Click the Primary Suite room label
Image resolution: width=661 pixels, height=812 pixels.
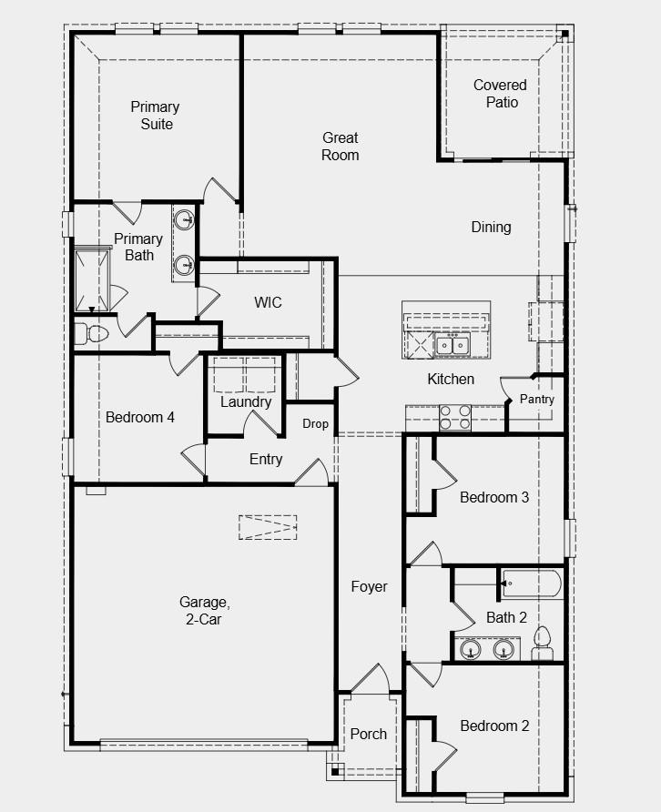(155, 116)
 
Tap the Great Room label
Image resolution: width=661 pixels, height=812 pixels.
(341, 146)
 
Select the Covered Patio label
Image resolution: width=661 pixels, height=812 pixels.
(501, 93)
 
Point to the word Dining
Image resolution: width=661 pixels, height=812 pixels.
(491, 227)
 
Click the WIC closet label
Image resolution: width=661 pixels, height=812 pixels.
(268, 302)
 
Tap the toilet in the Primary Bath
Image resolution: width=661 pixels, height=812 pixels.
(91, 334)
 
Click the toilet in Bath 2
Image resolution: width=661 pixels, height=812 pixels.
(542, 644)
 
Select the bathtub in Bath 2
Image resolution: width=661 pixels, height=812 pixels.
(532, 584)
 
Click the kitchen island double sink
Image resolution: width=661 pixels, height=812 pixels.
(453, 344)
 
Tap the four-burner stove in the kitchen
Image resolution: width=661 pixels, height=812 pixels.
(455, 418)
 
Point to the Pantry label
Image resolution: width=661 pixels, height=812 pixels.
(537, 400)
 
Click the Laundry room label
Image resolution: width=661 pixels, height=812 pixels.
(246, 401)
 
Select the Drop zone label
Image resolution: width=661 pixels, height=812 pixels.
(315, 424)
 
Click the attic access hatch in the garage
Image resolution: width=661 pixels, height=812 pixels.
(268, 527)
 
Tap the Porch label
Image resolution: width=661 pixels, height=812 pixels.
(369, 734)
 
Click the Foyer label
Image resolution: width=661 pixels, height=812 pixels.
(369, 587)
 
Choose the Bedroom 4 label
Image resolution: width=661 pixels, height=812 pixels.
(140, 418)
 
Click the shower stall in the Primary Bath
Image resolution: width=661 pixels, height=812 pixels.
(92, 279)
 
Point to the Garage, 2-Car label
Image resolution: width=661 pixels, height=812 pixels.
(205, 611)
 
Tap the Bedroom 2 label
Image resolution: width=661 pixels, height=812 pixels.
(494, 726)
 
